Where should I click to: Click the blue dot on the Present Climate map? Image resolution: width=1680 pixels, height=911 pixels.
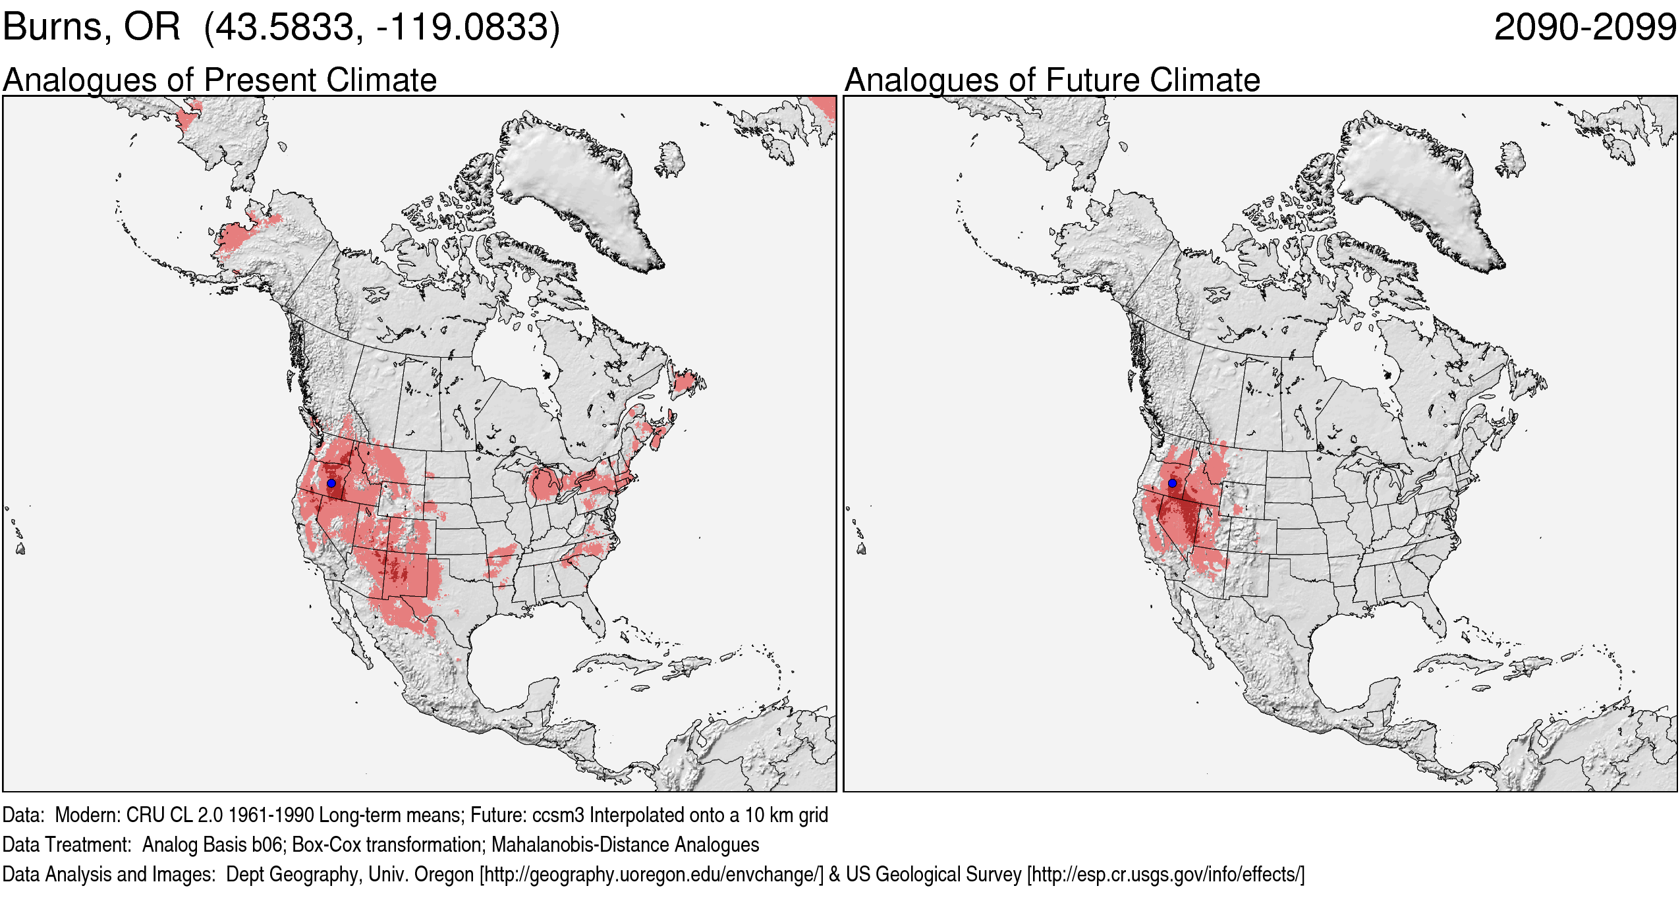(x=331, y=483)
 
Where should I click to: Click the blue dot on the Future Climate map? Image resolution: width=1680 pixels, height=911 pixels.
(x=1172, y=483)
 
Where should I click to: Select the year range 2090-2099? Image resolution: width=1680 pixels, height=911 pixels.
(x=1584, y=28)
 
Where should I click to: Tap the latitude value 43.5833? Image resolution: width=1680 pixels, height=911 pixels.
(x=285, y=28)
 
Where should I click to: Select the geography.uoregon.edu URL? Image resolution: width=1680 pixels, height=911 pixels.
(x=652, y=875)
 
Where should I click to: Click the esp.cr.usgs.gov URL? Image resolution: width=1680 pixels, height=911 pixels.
(x=1165, y=875)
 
